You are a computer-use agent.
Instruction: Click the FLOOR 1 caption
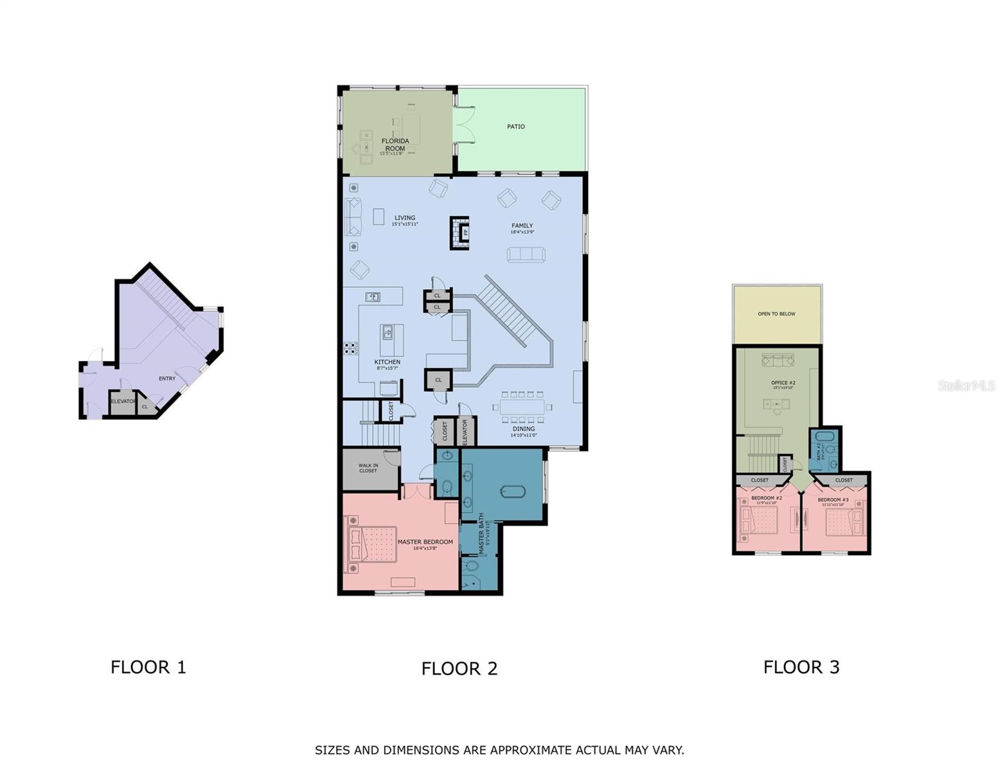[148, 667]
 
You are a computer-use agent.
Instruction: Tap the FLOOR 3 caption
[801, 667]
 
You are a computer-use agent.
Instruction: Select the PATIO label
[515, 127]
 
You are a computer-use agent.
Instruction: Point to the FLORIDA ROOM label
[395, 145]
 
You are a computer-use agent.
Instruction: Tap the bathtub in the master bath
[513, 492]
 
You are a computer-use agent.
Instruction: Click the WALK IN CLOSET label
[368, 468]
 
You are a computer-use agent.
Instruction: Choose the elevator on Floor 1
[123, 402]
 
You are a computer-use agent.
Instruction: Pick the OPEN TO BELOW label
[776, 314]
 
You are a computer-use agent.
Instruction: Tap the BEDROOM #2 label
[767, 499]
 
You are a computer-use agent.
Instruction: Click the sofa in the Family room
[526, 254]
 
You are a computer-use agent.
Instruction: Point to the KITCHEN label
[387, 362]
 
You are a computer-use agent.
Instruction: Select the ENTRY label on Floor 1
[167, 378]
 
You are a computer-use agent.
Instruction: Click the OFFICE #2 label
[783, 383]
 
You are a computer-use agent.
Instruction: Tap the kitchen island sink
[388, 332]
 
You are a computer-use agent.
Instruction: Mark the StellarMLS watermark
[966, 385]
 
